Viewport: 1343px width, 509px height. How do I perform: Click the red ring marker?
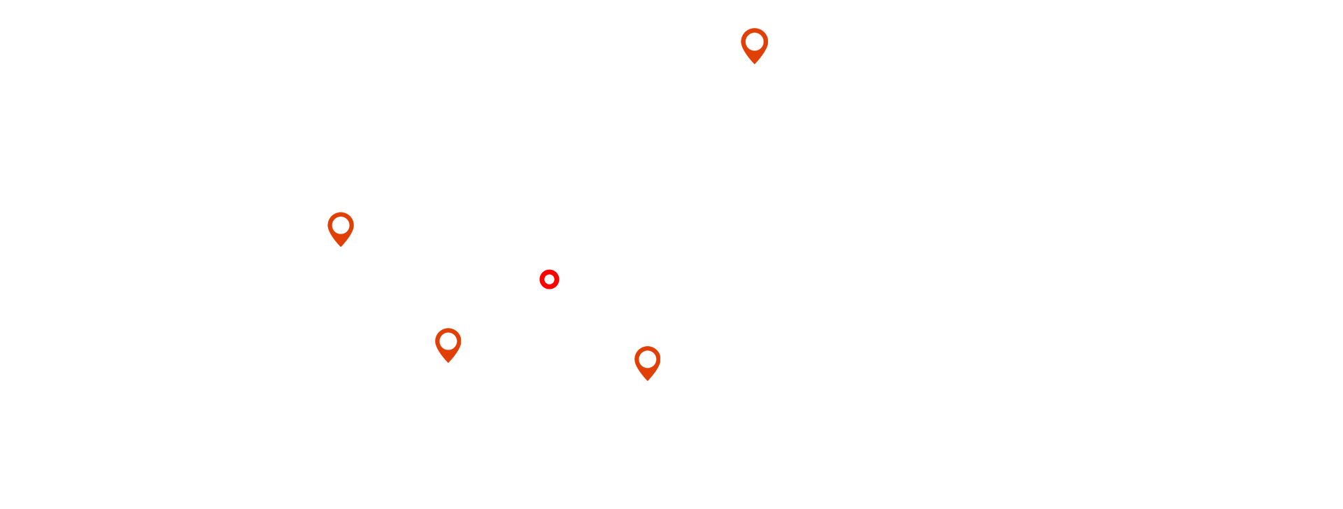pyautogui.click(x=549, y=280)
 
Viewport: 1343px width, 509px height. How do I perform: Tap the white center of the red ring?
pyautogui.click(x=549, y=280)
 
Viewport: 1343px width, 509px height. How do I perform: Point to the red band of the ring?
pyautogui.click(x=542, y=280)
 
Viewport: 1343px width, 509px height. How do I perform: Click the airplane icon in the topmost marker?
pyautogui.click(x=753, y=43)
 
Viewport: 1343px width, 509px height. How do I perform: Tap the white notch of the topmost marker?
pyautogui.click(x=754, y=63)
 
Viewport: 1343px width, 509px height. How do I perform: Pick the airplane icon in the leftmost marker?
pyautogui.click(x=340, y=227)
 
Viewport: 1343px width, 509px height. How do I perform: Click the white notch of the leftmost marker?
pyautogui.click(x=341, y=245)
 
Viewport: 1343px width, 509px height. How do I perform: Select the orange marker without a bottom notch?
pyautogui.click(x=448, y=345)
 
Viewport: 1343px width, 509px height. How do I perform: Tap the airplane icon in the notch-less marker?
pyautogui.click(x=448, y=343)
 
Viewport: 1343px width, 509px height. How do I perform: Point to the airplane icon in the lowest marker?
pyautogui.click(x=646, y=360)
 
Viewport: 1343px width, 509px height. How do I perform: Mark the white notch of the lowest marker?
pyautogui.click(x=647, y=380)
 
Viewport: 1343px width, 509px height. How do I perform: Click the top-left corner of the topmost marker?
pyautogui.click(x=741, y=29)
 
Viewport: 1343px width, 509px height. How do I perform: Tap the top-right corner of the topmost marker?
pyautogui.click(x=767, y=29)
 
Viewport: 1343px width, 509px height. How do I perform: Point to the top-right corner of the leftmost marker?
pyautogui.click(x=353, y=213)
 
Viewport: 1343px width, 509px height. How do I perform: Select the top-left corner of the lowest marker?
pyautogui.click(x=635, y=347)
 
